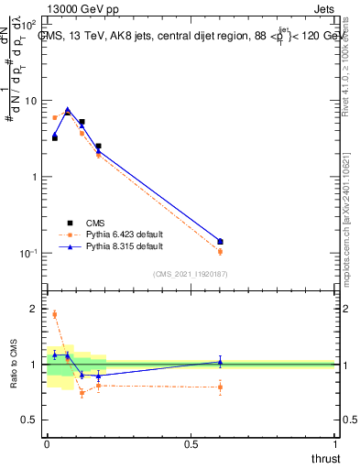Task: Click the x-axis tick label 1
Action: pos(334,443)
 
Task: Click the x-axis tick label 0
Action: pos(47,443)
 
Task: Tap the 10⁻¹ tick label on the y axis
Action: pos(30,253)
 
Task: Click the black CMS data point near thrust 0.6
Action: pos(220,242)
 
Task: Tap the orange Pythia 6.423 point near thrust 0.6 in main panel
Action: pos(220,251)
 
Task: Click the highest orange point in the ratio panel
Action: pos(55,314)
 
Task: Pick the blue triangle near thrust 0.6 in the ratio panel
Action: pos(220,362)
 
